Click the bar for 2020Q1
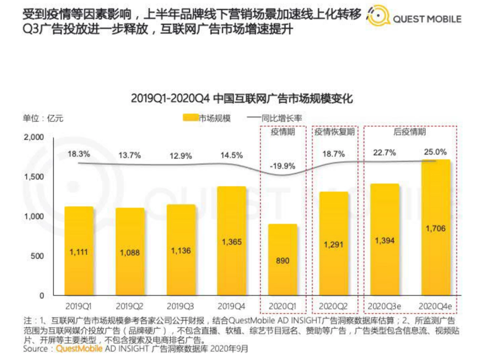coord(283,260)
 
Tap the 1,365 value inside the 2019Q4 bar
coord(232,242)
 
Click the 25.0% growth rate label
coord(435,152)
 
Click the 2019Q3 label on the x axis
coord(181,306)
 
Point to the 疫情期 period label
coord(283,132)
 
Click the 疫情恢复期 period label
coord(334,132)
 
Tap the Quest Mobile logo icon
coord(379,16)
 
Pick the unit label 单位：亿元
coord(42,118)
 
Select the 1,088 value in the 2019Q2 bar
coord(130,253)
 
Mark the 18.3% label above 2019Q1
coord(79,154)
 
